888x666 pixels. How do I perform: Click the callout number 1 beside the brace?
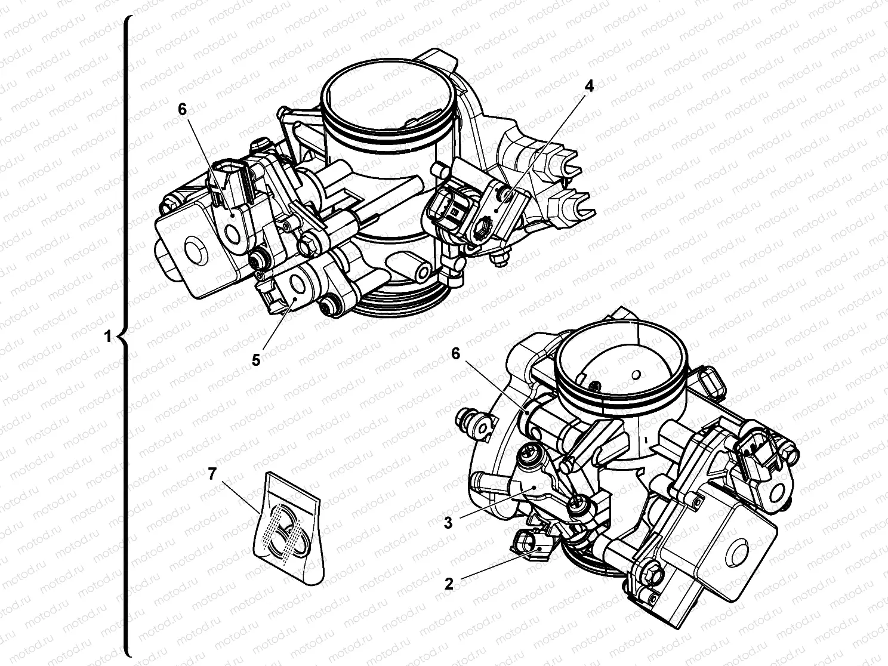pos(107,337)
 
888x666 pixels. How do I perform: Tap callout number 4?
pos(588,86)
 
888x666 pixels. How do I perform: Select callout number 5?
pos(255,360)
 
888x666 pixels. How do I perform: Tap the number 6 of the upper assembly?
pos(182,109)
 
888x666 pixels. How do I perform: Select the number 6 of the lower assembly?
pos(455,354)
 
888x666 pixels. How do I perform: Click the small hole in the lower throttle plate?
pos(636,374)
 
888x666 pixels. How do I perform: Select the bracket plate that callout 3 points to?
pos(534,486)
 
